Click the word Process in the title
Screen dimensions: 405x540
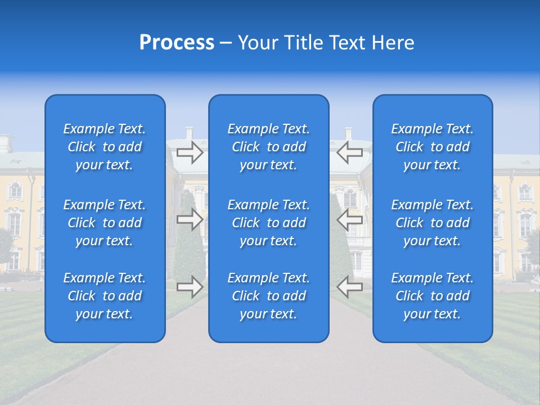[x=177, y=43]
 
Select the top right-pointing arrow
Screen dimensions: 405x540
[x=190, y=152]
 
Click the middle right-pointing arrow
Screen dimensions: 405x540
[x=190, y=219]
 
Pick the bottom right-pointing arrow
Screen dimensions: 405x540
[x=190, y=287]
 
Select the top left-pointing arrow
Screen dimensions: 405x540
[x=349, y=152]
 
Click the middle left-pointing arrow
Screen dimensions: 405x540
[x=349, y=219]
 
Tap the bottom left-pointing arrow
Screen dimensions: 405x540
[x=349, y=287]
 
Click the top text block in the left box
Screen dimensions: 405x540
[x=105, y=147]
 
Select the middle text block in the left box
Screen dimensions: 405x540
[x=105, y=223]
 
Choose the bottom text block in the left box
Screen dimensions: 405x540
[x=105, y=296]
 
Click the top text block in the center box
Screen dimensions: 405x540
[x=269, y=147]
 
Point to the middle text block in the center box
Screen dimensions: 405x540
[x=269, y=223]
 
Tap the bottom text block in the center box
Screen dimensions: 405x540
[x=269, y=296]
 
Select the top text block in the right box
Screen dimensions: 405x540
[x=433, y=147]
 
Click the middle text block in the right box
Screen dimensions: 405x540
[x=433, y=223]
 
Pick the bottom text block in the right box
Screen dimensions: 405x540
[x=433, y=296]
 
